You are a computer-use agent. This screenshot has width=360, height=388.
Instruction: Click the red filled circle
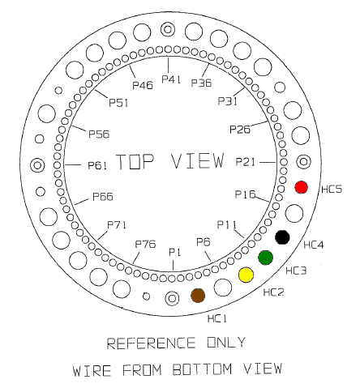pyautogui.click(x=302, y=187)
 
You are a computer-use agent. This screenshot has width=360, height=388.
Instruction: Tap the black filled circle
pyautogui.click(x=282, y=237)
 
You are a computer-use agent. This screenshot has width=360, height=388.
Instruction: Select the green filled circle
pyautogui.click(x=265, y=258)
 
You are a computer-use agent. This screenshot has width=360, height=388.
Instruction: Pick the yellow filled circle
pyautogui.click(x=246, y=275)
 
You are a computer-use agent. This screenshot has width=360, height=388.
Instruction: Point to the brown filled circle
pyautogui.click(x=198, y=295)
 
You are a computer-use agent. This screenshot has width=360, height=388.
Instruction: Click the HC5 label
pyautogui.click(x=332, y=190)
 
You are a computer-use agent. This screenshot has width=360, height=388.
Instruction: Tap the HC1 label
pyautogui.click(x=217, y=319)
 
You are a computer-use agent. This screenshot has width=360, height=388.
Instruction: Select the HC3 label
pyautogui.click(x=296, y=271)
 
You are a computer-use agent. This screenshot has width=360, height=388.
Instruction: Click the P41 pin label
pyautogui.click(x=171, y=79)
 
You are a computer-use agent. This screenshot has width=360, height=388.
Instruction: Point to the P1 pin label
pyautogui.click(x=174, y=252)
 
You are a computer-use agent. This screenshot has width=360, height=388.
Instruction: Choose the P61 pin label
pyautogui.click(x=97, y=165)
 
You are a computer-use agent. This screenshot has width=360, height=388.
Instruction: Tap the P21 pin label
pyautogui.click(x=246, y=162)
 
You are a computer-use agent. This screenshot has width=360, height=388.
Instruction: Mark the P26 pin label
pyautogui.click(x=240, y=130)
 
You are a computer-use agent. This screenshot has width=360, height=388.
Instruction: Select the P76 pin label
pyautogui.click(x=145, y=244)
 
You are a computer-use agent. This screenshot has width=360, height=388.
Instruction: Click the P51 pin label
pyautogui.click(x=118, y=103)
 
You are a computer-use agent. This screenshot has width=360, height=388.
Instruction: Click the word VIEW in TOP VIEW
pyautogui.click(x=198, y=161)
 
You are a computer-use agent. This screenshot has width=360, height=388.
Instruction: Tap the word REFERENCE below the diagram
pyautogui.click(x=151, y=343)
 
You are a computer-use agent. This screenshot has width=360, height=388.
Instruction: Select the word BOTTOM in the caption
pyautogui.click(x=202, y=369)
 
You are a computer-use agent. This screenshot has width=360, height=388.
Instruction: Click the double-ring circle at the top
pyautogui.click(x=168, y=29)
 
